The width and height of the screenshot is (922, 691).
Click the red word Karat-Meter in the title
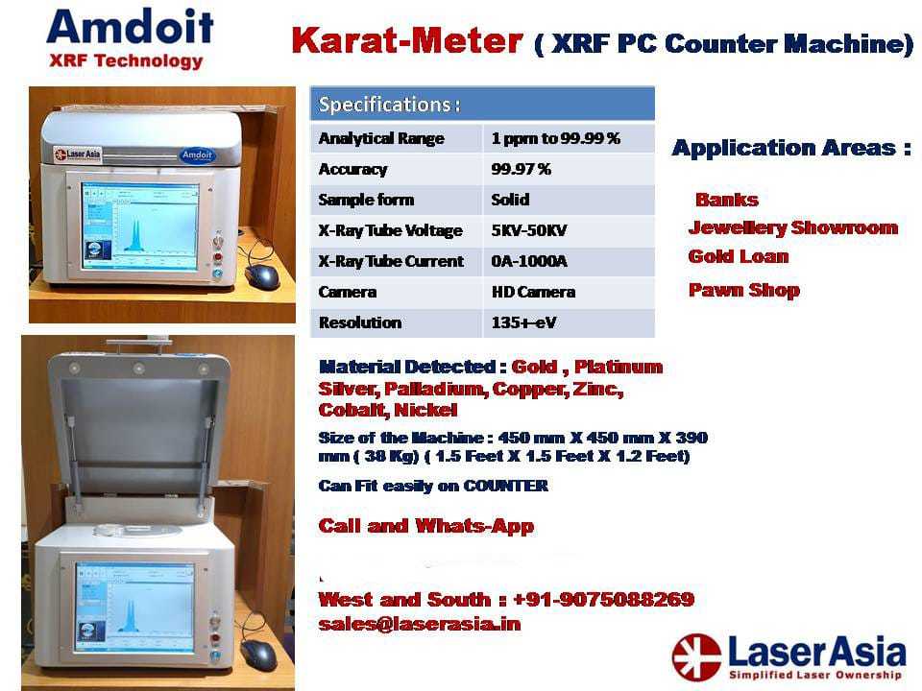point(407,40)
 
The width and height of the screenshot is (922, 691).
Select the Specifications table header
point(482,104)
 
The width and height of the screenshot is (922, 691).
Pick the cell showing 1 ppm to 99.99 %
point(556,138)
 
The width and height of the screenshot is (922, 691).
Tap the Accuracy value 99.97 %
point(521,169)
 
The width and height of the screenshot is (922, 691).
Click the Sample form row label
point(366,200)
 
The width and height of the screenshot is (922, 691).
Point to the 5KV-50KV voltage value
point(529,230)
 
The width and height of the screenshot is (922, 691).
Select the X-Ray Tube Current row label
point(391,261)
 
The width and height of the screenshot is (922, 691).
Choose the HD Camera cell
point(533,292)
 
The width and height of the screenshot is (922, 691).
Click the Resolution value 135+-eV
point(523,322)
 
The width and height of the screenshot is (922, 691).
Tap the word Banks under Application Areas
point(727,200)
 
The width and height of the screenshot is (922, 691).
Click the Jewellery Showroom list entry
point(793,228)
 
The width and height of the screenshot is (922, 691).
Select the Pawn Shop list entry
point(743,290)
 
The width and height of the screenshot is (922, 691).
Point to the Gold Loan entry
point(739,256)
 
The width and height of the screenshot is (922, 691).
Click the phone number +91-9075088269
point(603,599)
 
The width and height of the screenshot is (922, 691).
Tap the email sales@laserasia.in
point(420,624)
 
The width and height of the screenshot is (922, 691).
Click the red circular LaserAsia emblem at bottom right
point(697,657)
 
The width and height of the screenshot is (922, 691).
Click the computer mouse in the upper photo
point(263,276)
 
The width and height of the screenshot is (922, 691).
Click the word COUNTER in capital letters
point(506,486)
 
